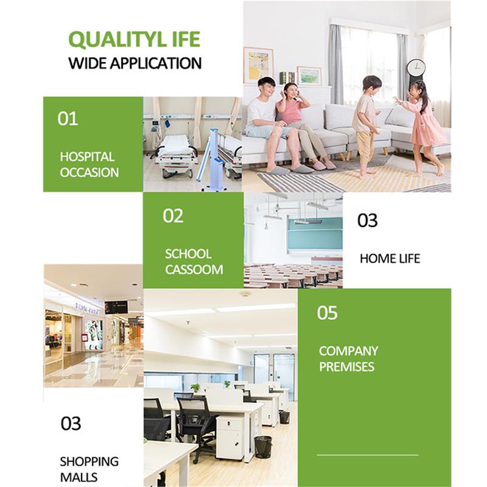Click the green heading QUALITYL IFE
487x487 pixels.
(134, 40)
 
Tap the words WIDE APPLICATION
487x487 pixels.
(135, 63)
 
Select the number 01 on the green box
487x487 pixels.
(68, 119)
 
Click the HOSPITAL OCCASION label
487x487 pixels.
(89, 164)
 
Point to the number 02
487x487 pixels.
(173, 216)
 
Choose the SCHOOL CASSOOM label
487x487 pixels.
(194, 262)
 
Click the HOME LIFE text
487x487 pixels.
(390, 259)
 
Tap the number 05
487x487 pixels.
(327, 313)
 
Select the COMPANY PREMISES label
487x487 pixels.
(348, 359)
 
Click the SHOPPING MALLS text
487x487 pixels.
(89, 469)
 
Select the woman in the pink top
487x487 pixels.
(298, 124)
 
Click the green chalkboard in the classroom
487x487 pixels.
(315, 234)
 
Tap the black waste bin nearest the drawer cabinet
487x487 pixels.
(263, 447)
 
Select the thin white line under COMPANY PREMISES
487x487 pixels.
(368, 455)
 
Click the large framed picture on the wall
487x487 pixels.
(258, 65)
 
